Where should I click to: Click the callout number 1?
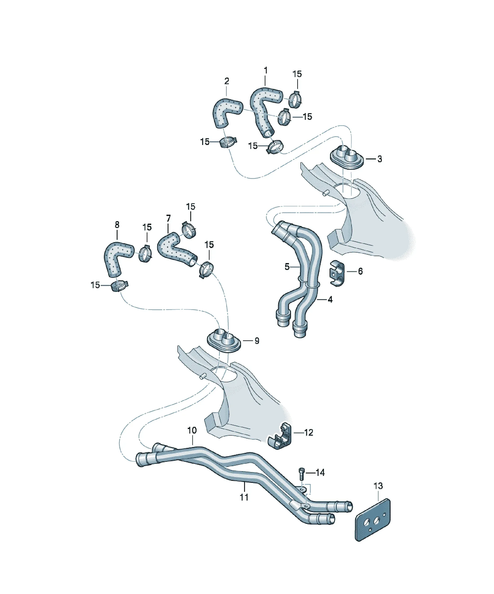click(x=265, y=70)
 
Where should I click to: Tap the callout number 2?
click(x=227, y=81)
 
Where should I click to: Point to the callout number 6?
click(x=360, y=271)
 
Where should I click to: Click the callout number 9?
click(x=257, y=341)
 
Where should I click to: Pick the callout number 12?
click(x=308, y=432)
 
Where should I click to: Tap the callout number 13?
click(x=378, y=486)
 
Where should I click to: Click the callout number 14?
click(x=320, y=472)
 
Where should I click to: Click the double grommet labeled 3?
click(x=347, y=158)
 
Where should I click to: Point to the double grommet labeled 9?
click(x=224, y=341)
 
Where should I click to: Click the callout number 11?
click(x=244, y=497)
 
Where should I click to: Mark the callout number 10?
click(x=192, y=430)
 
